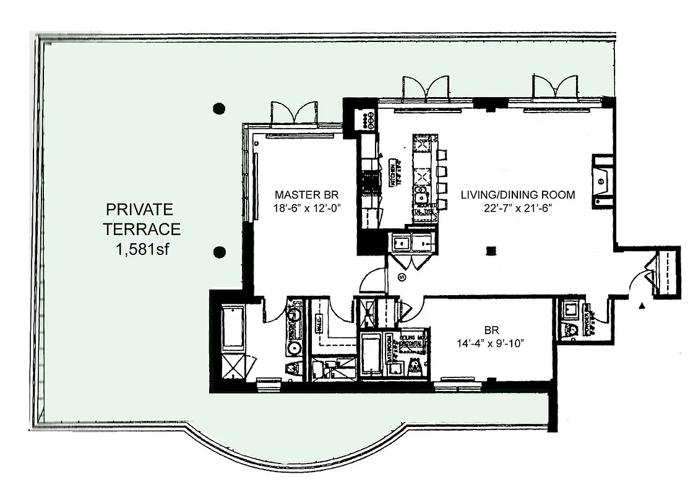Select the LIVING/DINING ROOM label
pos(517,195)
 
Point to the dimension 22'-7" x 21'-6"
pos(517,208)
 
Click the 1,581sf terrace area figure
pos(142,249)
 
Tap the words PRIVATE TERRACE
pos(142,218)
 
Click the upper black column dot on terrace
pos(218,108)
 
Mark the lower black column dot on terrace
pos(218,252)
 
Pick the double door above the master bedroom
pos(293,113)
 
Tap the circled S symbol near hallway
pos(402,277)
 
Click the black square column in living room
pos(491,251)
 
